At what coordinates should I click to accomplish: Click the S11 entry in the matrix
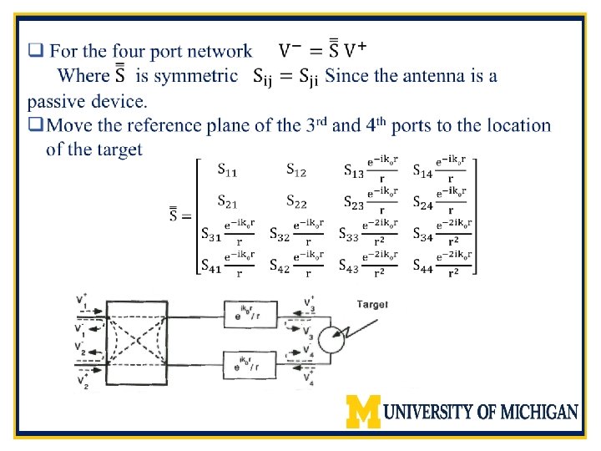(x=226, y=171)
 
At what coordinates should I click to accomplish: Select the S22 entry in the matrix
(x=295, y=201)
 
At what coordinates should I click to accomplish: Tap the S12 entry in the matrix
(x=295, y=171)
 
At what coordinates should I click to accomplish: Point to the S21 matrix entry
(x=226, y=201)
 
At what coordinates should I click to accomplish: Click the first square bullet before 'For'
(x=34, y=51)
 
